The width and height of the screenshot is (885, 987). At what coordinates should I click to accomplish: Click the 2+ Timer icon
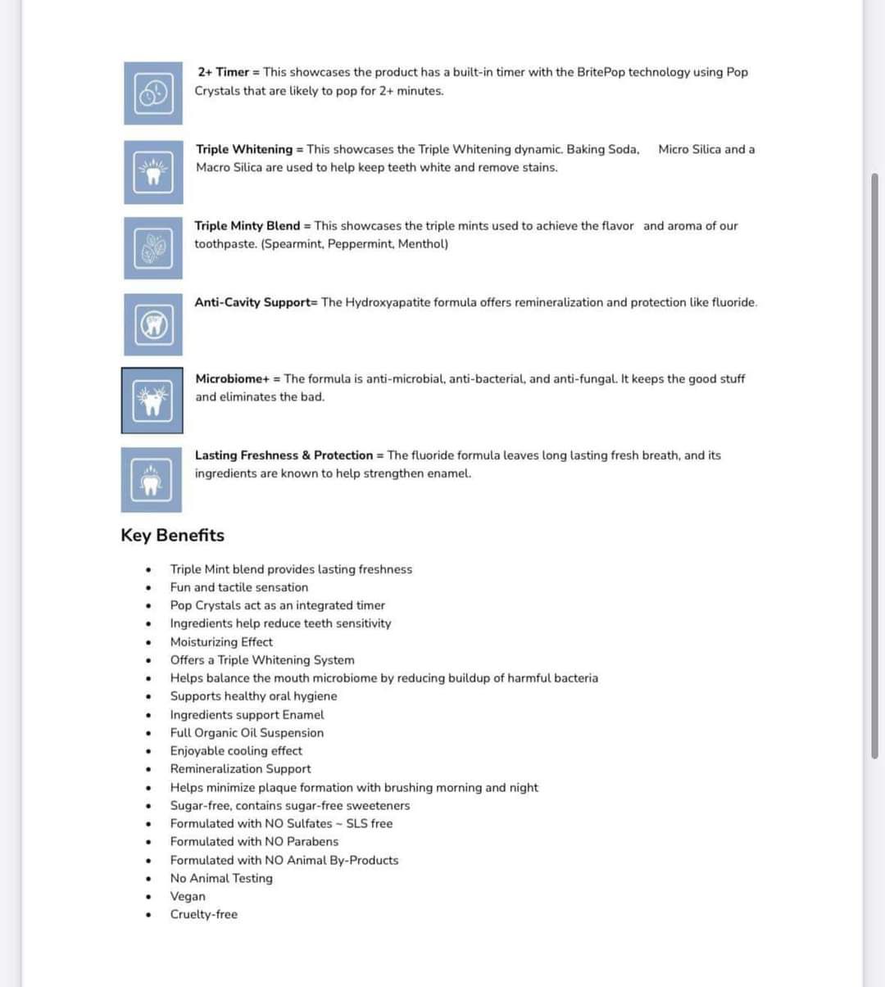coord(153,93)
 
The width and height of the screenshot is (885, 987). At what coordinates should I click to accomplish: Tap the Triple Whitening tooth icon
coord(153,172)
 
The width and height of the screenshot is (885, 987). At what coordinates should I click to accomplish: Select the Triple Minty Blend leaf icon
coord(153,247)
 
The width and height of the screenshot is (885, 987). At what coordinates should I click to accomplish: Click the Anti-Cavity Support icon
coord(153,324)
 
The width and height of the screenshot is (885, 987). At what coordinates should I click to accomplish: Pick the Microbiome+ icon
coord(152,401)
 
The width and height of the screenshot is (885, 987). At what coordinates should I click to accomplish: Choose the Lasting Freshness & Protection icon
coord(152,479)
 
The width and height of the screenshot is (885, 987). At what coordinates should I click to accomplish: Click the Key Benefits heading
coord(172,536)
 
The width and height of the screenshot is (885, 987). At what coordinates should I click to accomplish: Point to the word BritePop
coord(601,72)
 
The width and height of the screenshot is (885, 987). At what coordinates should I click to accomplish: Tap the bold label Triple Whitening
coord(244,149)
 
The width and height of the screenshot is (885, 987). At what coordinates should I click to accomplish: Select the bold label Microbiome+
coord(233,378)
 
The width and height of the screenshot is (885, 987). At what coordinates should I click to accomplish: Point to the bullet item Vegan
coord(188,896)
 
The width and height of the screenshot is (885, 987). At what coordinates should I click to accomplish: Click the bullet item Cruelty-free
coord(204,914)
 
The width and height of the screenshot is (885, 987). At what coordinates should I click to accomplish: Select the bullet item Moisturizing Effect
coord(221,642)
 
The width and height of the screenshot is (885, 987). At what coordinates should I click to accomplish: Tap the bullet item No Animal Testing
coord(221,878)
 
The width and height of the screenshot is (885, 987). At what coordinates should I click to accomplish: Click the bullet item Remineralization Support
coord(240,769)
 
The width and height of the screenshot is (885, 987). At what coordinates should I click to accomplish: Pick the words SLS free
coord(370,823)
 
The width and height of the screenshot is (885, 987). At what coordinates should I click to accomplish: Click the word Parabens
coord(312,841)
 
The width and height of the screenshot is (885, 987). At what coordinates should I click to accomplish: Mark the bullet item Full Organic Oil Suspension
coord(247,733)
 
